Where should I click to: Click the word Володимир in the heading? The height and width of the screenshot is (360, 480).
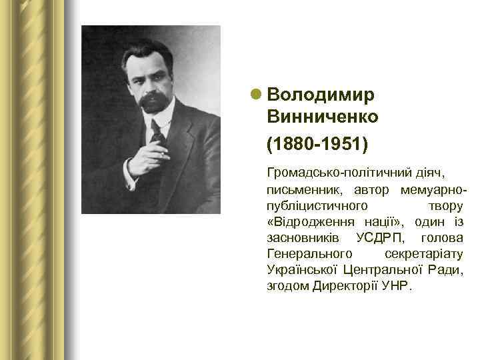[x=321, y=95]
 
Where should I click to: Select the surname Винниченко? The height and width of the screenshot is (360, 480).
[x=323, y=117]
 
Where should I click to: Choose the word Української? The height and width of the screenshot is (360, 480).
[x=301, y=270]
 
